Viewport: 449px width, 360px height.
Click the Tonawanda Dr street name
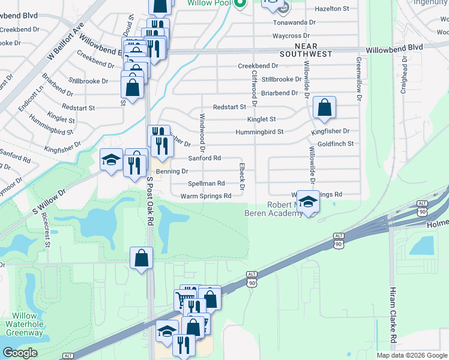[x=294, y=22]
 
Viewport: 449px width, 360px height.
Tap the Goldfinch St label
[x=336, y=144]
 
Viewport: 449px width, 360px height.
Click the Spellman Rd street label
[x=206, y=184]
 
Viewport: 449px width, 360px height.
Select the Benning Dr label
[x=172, y=171]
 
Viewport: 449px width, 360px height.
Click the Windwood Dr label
[x=202, y=132]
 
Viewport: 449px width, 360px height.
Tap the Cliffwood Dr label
[x=255, y=88]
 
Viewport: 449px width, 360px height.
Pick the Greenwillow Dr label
[x=358, y=79]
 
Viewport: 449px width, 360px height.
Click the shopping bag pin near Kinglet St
[x=324, y=109]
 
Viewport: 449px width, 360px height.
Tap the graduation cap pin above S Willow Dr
[x=111, y=160]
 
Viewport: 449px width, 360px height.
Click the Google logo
[x=20, y=352]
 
